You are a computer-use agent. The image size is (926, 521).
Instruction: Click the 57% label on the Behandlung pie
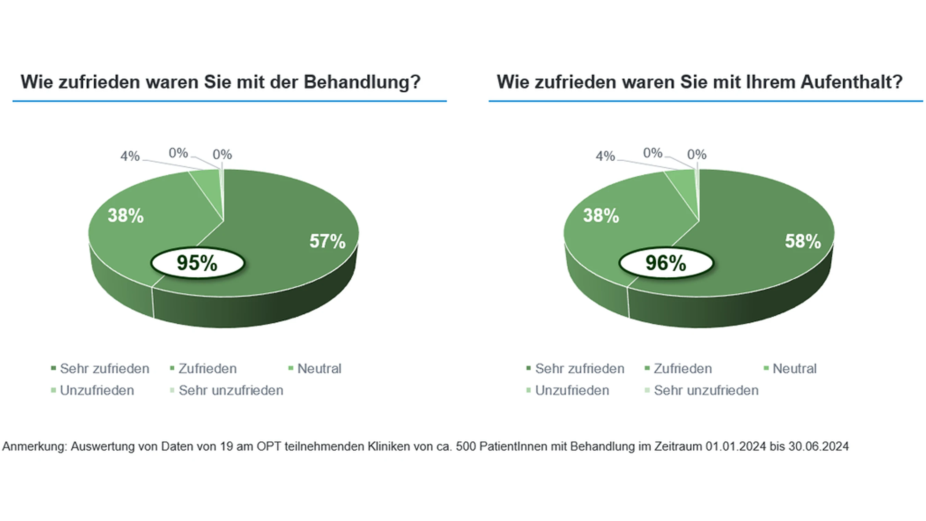pyautogui.click(x=327, y=241)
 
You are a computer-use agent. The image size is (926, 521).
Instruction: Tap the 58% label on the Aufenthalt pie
pyautogui.click(x=803, y=241)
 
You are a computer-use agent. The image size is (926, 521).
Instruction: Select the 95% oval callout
pyautogui.click(x=197, y=263)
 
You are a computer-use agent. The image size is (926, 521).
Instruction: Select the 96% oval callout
pyautogui.click(x=666, y=263)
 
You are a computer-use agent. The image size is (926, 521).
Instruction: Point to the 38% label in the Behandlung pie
pyautogui.click(x=126, y=216)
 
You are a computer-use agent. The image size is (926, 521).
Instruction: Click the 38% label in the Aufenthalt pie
pyautogui.click(x=601, y=216)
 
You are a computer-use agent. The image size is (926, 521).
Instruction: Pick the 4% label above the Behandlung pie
pyautogui.click(x=130, y=156)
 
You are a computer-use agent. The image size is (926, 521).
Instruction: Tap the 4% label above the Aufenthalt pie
pyautogui.click(x=605, y=156)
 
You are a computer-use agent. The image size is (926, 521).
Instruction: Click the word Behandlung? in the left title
pyautogui.click(x=361, y=82)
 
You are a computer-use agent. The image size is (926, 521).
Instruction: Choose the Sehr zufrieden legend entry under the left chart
pyautogui.click(x=104, y=369)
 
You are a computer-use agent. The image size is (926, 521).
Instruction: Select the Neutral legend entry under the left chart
pyautogui.click(x=319, y=369)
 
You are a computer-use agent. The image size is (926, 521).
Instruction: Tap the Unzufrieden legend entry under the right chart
pyautogui.click(x=572, y=390)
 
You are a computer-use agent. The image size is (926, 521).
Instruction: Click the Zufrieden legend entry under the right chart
pyautogui.click(x=682, y=369)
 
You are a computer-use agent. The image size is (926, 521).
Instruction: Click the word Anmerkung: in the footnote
pyautogui.click(x=35, y=447)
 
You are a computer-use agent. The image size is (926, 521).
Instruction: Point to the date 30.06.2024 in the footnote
pyautogui.click(x=819, y=447)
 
